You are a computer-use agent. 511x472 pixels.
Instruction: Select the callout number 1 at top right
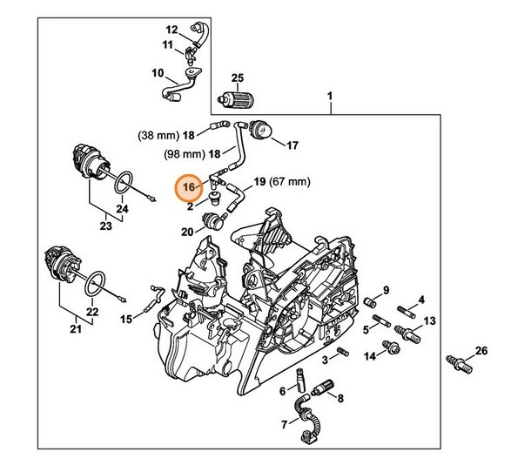[x=330, y=96]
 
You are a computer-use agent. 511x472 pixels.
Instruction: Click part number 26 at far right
[x=481, y=352]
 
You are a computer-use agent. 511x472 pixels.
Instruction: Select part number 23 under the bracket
[x=106, y=226]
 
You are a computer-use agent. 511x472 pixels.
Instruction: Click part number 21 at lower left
[x=75, y=328]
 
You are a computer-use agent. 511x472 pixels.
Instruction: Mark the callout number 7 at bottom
[x=284, y=424]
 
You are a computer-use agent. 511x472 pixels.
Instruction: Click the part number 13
[x=427, y=320]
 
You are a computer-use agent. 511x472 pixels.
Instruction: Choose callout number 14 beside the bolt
[x=369, y=356]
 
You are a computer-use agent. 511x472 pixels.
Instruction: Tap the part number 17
[x=292, y=145]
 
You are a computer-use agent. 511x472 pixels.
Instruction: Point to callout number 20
[x=187, y=232]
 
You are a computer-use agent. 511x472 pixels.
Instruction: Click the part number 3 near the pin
[x=324, y=358]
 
